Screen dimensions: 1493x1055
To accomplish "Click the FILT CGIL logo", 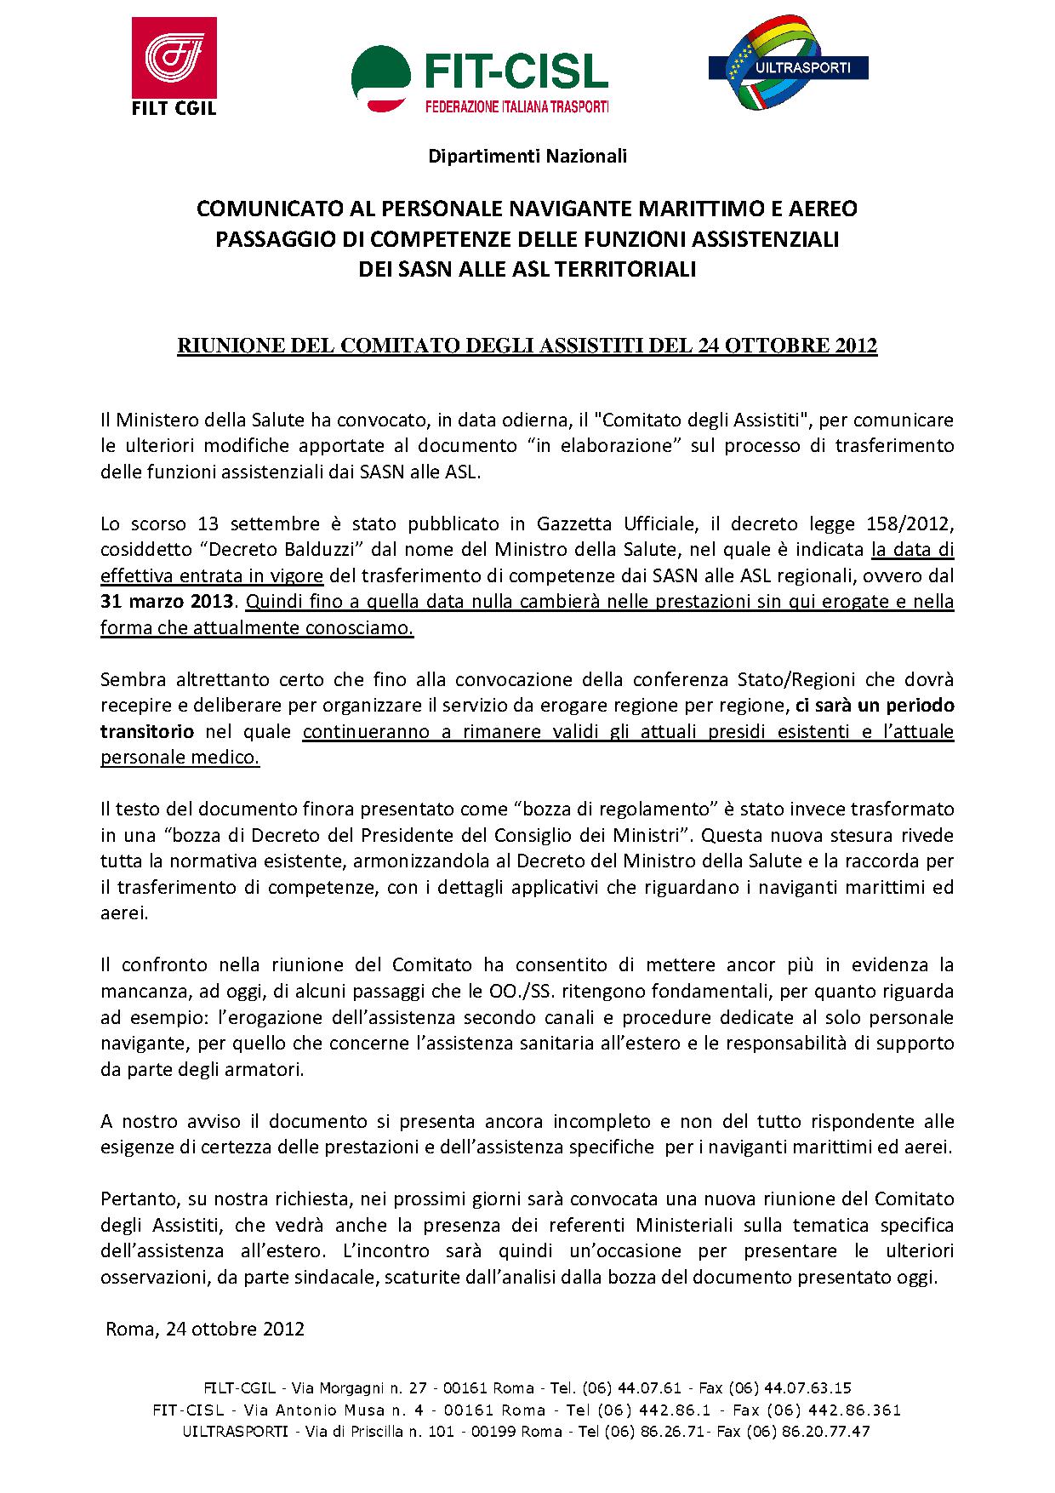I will click(x=174, y=66).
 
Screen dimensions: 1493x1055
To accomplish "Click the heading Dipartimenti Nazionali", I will click(x=527, y=156).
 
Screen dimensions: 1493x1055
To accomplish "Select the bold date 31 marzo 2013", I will click(x=166, y=602).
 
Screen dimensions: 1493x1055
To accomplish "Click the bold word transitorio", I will click(x=147, y=732).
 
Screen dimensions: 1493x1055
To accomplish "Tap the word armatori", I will click(x=261, y=1070).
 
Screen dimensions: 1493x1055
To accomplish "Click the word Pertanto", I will click(x=137, y=1199).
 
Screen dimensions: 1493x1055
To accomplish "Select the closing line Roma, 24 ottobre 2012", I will click(x=205, y=1330).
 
